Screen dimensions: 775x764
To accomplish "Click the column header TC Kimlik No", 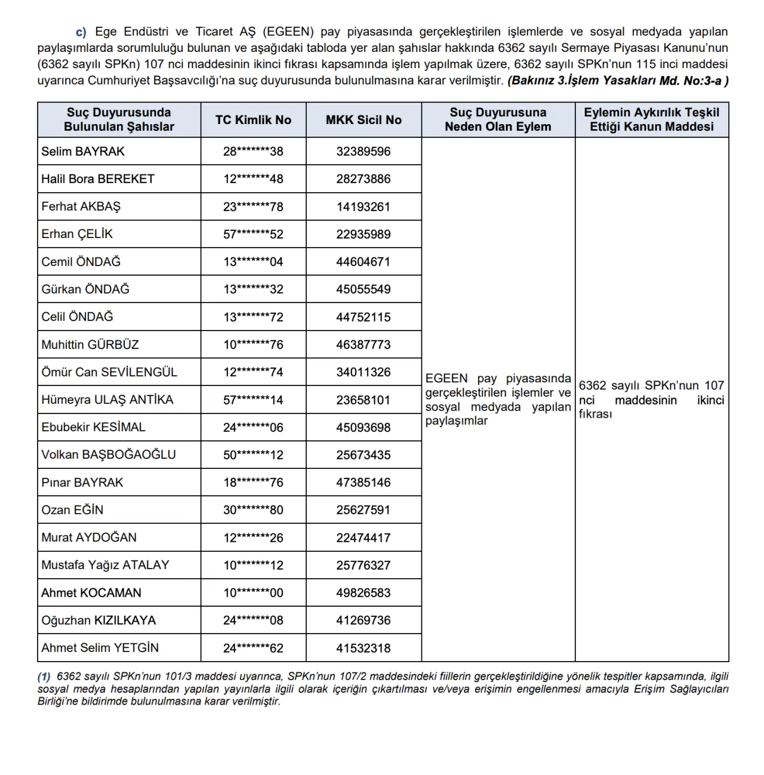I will pos(253,120).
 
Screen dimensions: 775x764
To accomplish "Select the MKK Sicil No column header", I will pos(363,120).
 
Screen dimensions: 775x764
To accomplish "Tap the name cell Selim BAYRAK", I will pos(83,152).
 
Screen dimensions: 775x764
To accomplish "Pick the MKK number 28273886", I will pos(363,179).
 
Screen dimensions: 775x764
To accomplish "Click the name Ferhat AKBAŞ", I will pos(81,206).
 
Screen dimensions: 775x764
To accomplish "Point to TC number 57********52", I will pos(253,234).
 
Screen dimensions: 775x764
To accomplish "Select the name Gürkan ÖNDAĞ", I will pos(85,289).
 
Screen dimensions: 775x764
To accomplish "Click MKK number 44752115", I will pos(363,317).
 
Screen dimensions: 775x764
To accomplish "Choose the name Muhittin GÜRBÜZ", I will pos(90,345).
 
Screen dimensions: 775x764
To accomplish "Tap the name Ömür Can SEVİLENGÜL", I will pos(109,372).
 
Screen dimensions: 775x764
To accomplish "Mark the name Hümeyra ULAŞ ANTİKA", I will pos(107,400).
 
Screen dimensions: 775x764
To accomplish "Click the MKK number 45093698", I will pos(363,428).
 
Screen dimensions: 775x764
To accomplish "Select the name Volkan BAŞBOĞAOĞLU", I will pos(109,455).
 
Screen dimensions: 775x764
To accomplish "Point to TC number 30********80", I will pos(253,510).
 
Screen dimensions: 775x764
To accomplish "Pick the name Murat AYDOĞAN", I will pos(89,538).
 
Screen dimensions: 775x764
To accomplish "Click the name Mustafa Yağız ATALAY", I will pos(105,565).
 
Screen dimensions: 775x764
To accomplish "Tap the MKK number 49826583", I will pos(363,593).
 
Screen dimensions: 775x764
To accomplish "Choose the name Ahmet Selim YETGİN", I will pos(100,648).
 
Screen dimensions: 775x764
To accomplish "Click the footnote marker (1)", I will pos(44,677).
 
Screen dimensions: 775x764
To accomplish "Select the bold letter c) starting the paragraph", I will pos(81,32).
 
